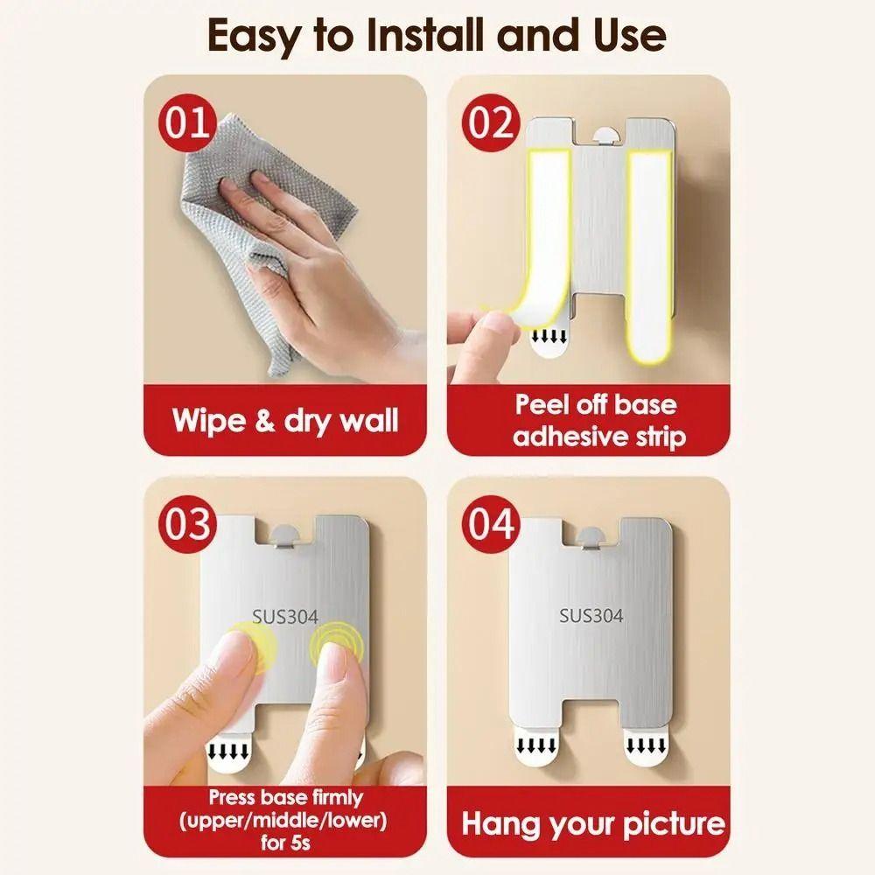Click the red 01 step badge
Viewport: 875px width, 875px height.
(185, 122)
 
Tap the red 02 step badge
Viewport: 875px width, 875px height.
(490, 122)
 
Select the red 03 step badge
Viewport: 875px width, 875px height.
(185, 523)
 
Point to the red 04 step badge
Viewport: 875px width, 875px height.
(490, 523)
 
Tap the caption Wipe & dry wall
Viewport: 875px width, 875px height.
(285, 420)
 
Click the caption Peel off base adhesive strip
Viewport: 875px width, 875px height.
(595, 420)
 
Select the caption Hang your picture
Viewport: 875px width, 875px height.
(593, 823)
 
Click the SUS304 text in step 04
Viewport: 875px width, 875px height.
(591, 616)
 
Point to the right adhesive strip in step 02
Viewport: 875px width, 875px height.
(649, 254)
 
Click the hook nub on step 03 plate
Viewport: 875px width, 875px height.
(287, 535)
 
